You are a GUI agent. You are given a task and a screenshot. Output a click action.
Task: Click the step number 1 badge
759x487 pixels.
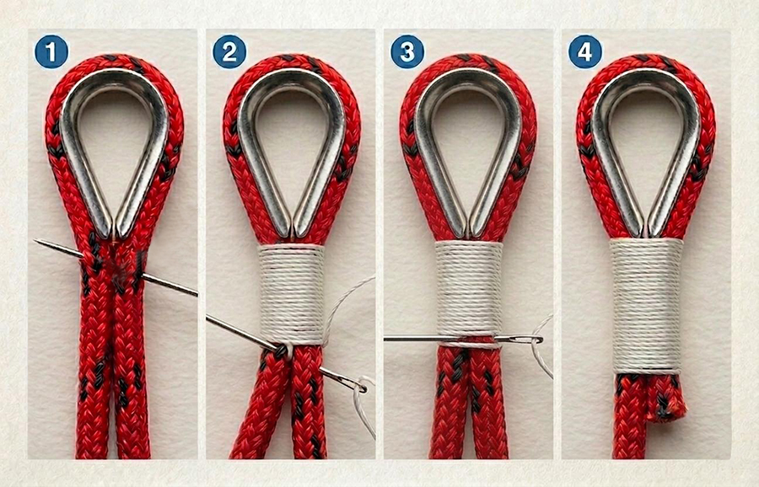[51, 51]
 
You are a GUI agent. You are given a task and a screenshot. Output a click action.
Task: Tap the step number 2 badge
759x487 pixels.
[229, 51]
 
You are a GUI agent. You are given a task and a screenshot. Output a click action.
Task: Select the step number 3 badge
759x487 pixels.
[407, 51]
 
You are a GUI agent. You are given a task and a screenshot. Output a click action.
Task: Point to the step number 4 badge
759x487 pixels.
[585, 51]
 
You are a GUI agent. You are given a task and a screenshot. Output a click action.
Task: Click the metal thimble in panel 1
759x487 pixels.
[67, 145]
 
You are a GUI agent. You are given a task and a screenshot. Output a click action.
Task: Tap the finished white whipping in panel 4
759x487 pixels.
[646, 306]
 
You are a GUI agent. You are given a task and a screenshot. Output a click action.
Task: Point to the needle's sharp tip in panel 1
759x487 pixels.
[35, 240]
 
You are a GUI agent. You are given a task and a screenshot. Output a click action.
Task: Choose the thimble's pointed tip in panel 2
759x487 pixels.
[292, 237]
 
